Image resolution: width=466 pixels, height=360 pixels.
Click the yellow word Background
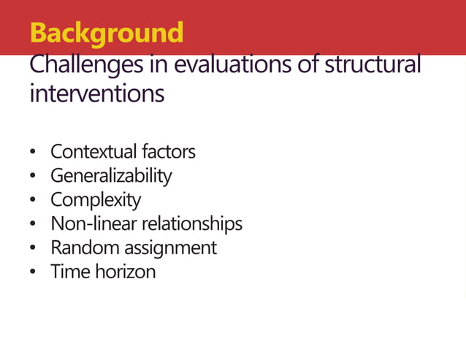pos(107,34)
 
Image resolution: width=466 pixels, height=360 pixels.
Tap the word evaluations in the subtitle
pos(229,66)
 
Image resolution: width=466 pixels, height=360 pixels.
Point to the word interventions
pos(96,95)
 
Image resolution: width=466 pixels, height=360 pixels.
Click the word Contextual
pos(93,152)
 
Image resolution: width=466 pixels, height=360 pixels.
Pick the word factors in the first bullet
pos(167,152)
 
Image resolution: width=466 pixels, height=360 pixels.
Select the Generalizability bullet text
pos(111,176)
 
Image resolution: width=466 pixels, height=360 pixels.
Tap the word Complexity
pos(96,200)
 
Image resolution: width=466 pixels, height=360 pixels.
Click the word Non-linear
pos(93,223)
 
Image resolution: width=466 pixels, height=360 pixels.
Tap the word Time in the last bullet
pos(66,272)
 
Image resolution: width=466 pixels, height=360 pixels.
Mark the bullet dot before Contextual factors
pos(33,153)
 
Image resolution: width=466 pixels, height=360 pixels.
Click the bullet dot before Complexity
pos(33,201)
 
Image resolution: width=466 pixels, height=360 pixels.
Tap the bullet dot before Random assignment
pos(33,249)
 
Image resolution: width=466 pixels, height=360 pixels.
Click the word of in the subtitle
pos(308,66)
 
